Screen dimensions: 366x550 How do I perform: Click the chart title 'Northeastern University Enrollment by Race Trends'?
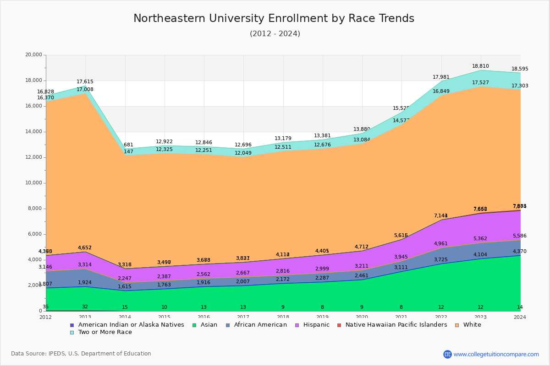274,19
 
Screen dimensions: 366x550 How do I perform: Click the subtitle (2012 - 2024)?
275,34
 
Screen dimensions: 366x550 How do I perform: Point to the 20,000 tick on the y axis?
33,55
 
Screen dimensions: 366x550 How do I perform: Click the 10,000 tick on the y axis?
33,183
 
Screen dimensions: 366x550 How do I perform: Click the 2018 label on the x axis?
283,317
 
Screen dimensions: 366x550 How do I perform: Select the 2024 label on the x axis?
520,317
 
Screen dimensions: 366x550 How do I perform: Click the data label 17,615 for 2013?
85,82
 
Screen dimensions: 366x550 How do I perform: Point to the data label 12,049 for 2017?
243,153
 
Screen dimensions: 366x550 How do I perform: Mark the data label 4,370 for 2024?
520,252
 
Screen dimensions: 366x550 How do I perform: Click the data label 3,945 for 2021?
401,257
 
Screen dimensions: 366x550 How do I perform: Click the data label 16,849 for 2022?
441,91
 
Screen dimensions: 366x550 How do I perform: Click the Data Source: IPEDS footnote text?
81,354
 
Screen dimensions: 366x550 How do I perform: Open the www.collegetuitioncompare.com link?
496,354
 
